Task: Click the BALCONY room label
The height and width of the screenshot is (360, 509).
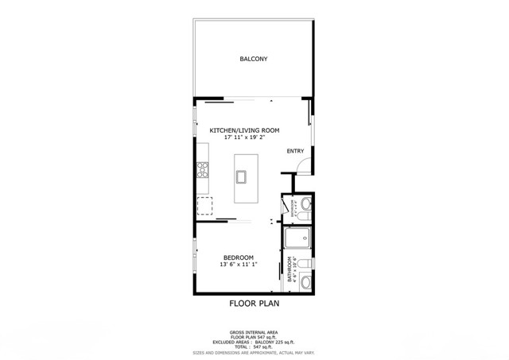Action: click(254, 59)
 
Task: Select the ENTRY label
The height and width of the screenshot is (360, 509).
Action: click(295, 151)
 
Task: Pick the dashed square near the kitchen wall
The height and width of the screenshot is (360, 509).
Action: click(205, 207)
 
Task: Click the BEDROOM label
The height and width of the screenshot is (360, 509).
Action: click(238, 257)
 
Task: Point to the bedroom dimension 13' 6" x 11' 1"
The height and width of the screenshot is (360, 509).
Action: click(238, 265)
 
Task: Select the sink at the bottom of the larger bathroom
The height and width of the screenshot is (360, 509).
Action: click(305, 281)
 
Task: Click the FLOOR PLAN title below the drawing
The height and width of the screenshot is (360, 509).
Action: click(254, 303)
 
